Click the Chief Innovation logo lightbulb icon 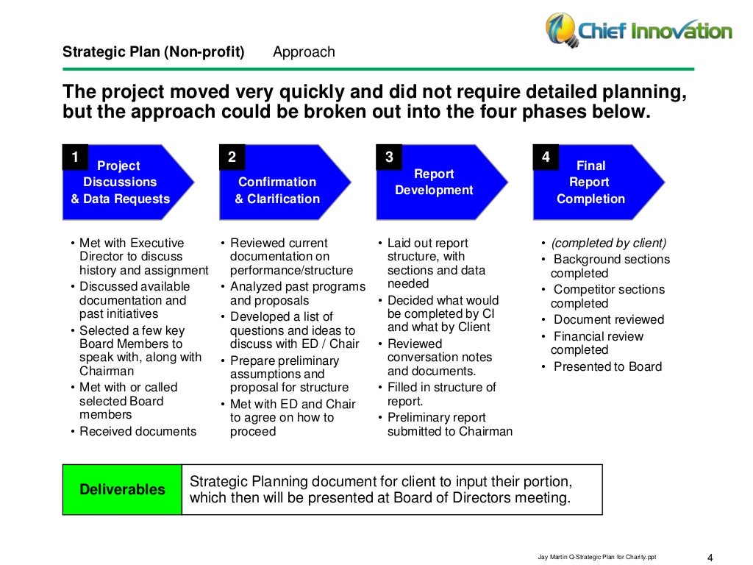561,29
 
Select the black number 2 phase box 232,157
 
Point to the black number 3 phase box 389,157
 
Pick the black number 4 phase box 546,157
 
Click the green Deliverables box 122,489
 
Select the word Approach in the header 304,52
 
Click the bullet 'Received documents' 138,432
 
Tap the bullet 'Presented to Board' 607,366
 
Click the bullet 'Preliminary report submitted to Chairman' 449,424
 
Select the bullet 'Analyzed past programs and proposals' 297,294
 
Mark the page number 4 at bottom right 710,556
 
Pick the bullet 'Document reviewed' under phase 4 608,319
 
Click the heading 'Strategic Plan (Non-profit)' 153,52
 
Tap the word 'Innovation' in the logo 683,30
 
